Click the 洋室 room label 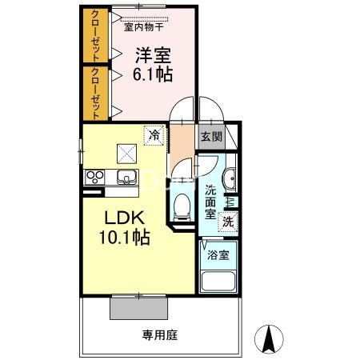pos(153,55)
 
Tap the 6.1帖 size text pos(153,74)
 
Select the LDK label pos(124,218)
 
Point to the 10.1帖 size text pos(124,237)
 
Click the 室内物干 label pos(144,27)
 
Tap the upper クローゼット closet pos(96,35)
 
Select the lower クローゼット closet pos(96,94)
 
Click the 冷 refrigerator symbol pos(154,135)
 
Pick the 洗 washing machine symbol pos(228,222)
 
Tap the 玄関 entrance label pos(211,137)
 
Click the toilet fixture pos(182,207)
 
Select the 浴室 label pos(218,255)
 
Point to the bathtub pos(218,281)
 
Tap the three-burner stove pos(95,178)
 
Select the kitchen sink pos(127,177)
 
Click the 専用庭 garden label pos(160,335)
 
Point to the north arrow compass pos(269,339)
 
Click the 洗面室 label pos(210,202)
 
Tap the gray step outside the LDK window pos(139,308)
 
